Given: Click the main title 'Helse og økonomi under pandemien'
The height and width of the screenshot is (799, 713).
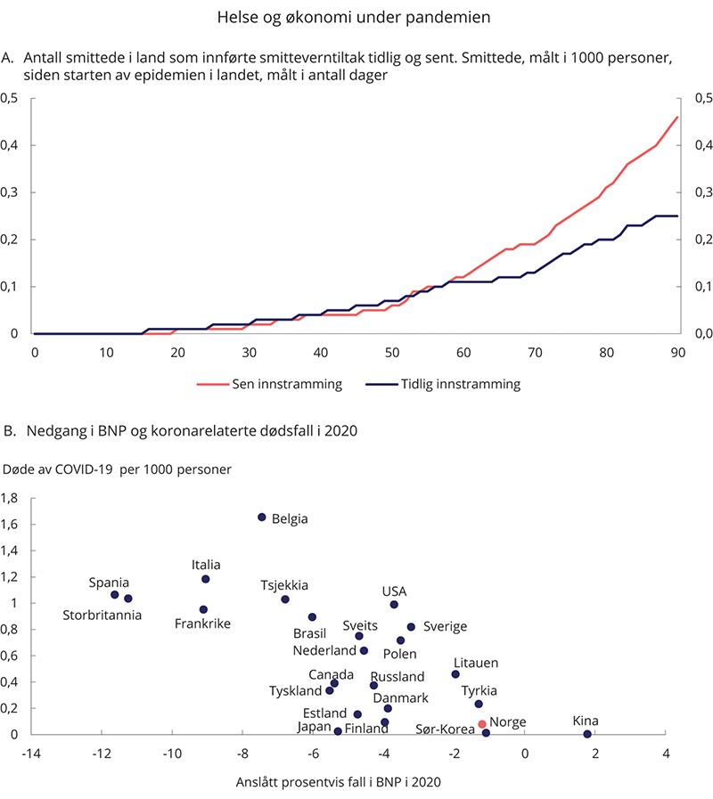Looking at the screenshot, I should pos(356,15).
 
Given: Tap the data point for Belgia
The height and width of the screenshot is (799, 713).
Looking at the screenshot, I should pos(262,517).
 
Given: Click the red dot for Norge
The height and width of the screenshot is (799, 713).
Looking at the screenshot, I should pos(482,724).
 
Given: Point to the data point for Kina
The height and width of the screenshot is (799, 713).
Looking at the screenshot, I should pos(587,734).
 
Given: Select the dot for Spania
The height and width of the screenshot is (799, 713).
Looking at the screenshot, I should pos(115,594).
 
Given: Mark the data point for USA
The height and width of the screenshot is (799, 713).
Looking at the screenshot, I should pos(394,604).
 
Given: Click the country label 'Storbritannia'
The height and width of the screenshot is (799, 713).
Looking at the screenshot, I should pos(102,615).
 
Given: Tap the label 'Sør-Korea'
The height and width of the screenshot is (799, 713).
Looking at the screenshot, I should pos(446,730).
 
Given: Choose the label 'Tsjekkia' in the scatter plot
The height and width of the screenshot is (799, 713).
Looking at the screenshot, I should pos(284,585).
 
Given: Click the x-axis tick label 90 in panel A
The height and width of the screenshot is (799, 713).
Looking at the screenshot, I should pos(677,353).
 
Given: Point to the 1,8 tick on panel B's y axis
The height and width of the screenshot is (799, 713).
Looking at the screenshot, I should pos(12,498).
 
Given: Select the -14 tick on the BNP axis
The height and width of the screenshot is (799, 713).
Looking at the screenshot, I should pos(32,754).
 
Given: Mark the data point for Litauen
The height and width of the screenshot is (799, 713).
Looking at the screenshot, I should pos(455,674).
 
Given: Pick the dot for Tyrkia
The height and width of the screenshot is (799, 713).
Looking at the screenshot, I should pos(479,704).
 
